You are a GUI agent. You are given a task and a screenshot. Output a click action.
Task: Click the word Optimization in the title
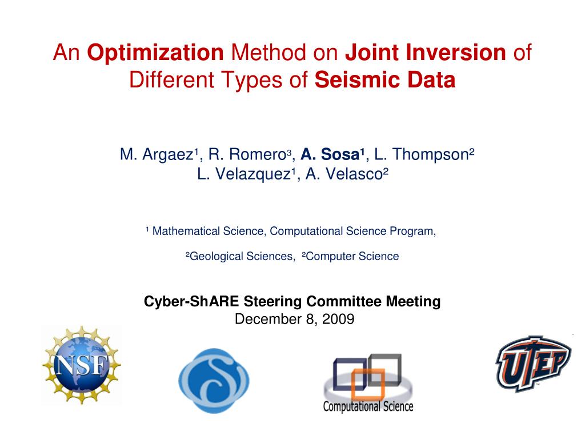click(155, 53)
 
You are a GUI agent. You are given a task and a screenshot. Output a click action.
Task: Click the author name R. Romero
click(248, 154)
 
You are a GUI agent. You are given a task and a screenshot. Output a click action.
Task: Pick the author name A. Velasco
click(344, 174)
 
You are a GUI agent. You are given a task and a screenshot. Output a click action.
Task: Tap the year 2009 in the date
click(338, 319)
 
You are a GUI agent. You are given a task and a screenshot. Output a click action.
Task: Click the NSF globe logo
click(81, 365)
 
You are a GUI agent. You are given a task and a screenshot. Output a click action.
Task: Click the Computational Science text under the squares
click(368, 406)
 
